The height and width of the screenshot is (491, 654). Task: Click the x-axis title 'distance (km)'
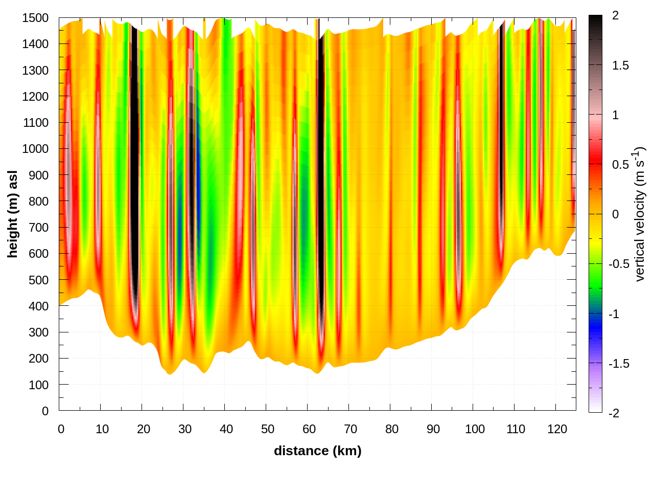tap(317, 451)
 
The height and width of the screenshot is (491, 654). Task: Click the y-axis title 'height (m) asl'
tap(13, 214)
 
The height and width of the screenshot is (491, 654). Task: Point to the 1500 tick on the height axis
tap(35, 18)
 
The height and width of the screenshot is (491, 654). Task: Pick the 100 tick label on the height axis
tap(38, 385)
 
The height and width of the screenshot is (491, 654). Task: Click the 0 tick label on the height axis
tap(45, 411)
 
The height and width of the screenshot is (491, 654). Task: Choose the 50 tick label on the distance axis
tap(268, 429)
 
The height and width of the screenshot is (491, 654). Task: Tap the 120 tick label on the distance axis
tap(557, 429)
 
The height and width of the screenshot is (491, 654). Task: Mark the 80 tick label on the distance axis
tap(392, 429)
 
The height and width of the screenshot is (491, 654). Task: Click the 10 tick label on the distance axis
tap(102, 429)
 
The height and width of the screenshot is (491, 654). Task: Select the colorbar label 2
tap(615, 16)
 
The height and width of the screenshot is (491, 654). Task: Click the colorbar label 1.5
tap(620, 65)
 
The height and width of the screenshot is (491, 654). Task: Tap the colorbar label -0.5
tap(618, 264)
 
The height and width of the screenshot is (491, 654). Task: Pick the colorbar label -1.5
tap(618, 364)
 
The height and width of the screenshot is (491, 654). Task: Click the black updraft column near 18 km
tap(134, 153)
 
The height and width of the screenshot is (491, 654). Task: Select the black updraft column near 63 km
tap(321, 179)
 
